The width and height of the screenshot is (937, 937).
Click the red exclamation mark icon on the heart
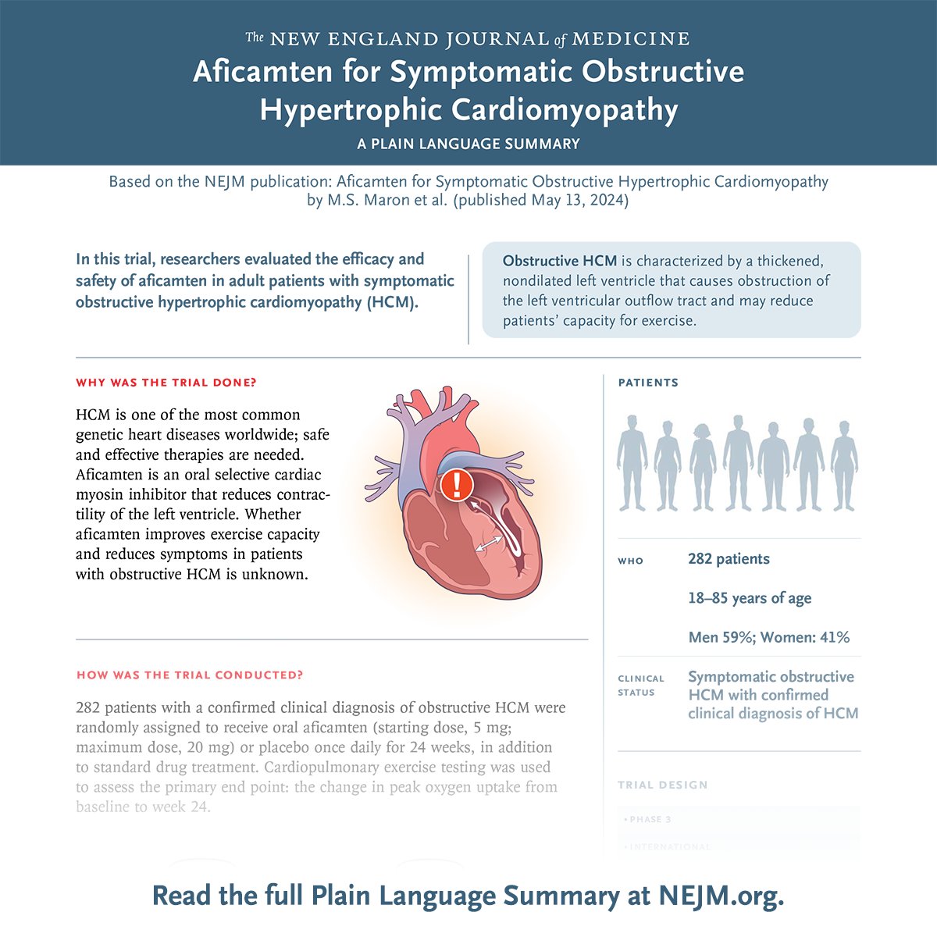(x=456, y=485)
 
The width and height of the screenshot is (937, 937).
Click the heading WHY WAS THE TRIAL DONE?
(x=166, y=383)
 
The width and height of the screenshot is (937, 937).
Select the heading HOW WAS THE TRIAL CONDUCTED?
(x=190, y=675)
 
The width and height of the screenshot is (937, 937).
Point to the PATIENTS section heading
(x=648, y=383)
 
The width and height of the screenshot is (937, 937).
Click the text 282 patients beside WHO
(x=729, y=559)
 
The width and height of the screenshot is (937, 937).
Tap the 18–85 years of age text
(x=750, y=598)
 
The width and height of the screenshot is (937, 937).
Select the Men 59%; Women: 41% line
(x=768, y=637)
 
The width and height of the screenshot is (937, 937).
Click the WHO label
(x=630, y=561)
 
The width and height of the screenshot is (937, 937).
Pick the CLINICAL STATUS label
(x=641, y=686)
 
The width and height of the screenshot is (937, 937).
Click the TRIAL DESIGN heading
(x=662, y=785)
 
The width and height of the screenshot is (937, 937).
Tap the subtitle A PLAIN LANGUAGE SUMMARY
(x=468, y=144)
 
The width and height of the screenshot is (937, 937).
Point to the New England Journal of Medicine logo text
(x=468, y=38)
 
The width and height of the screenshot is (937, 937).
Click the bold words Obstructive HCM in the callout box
(x=560, y=261)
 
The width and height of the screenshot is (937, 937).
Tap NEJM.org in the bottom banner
(x=721, y=896)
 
